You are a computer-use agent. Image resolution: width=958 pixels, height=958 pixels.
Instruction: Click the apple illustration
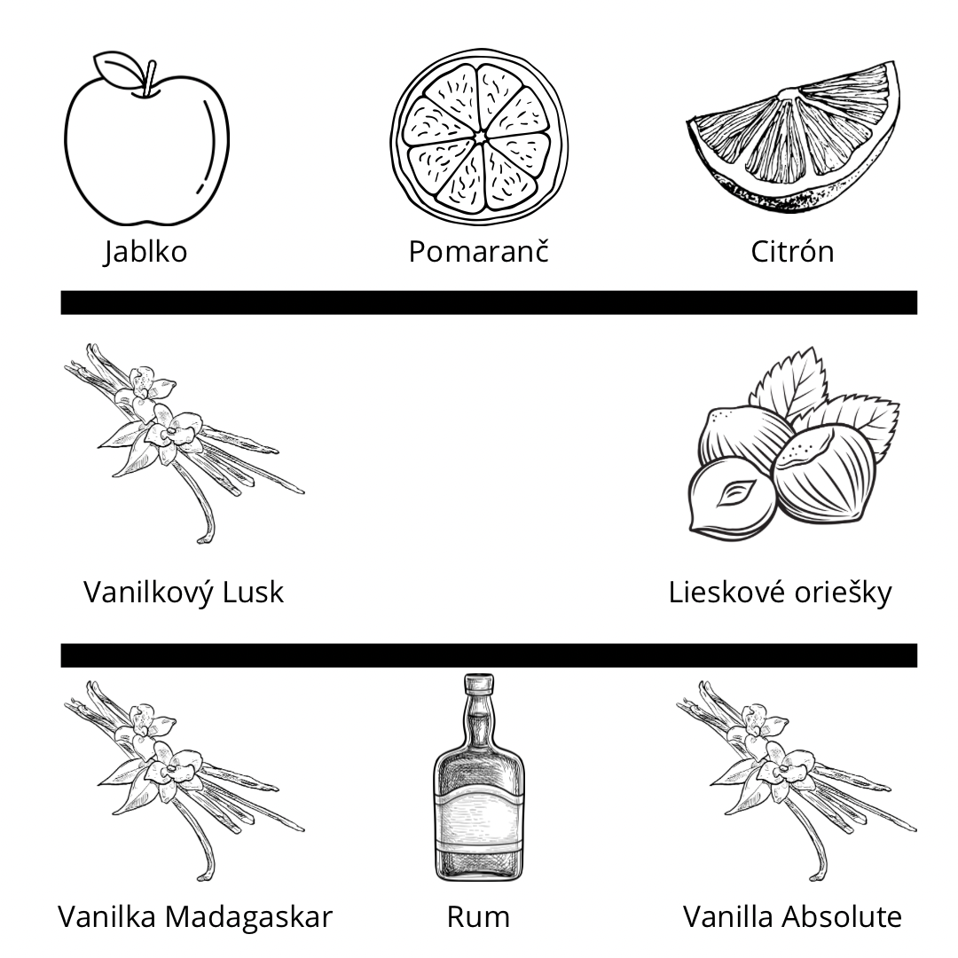[146, 151]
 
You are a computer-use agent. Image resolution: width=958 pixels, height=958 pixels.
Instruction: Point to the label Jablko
[145, 252]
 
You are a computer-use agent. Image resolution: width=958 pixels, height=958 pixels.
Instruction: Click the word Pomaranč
[478, 252]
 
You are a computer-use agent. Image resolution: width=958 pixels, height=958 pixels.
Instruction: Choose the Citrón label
[792, 252]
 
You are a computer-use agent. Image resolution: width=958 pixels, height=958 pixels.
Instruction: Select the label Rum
[479, 917]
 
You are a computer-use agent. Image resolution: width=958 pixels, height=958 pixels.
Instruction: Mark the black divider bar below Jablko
[488, 302]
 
